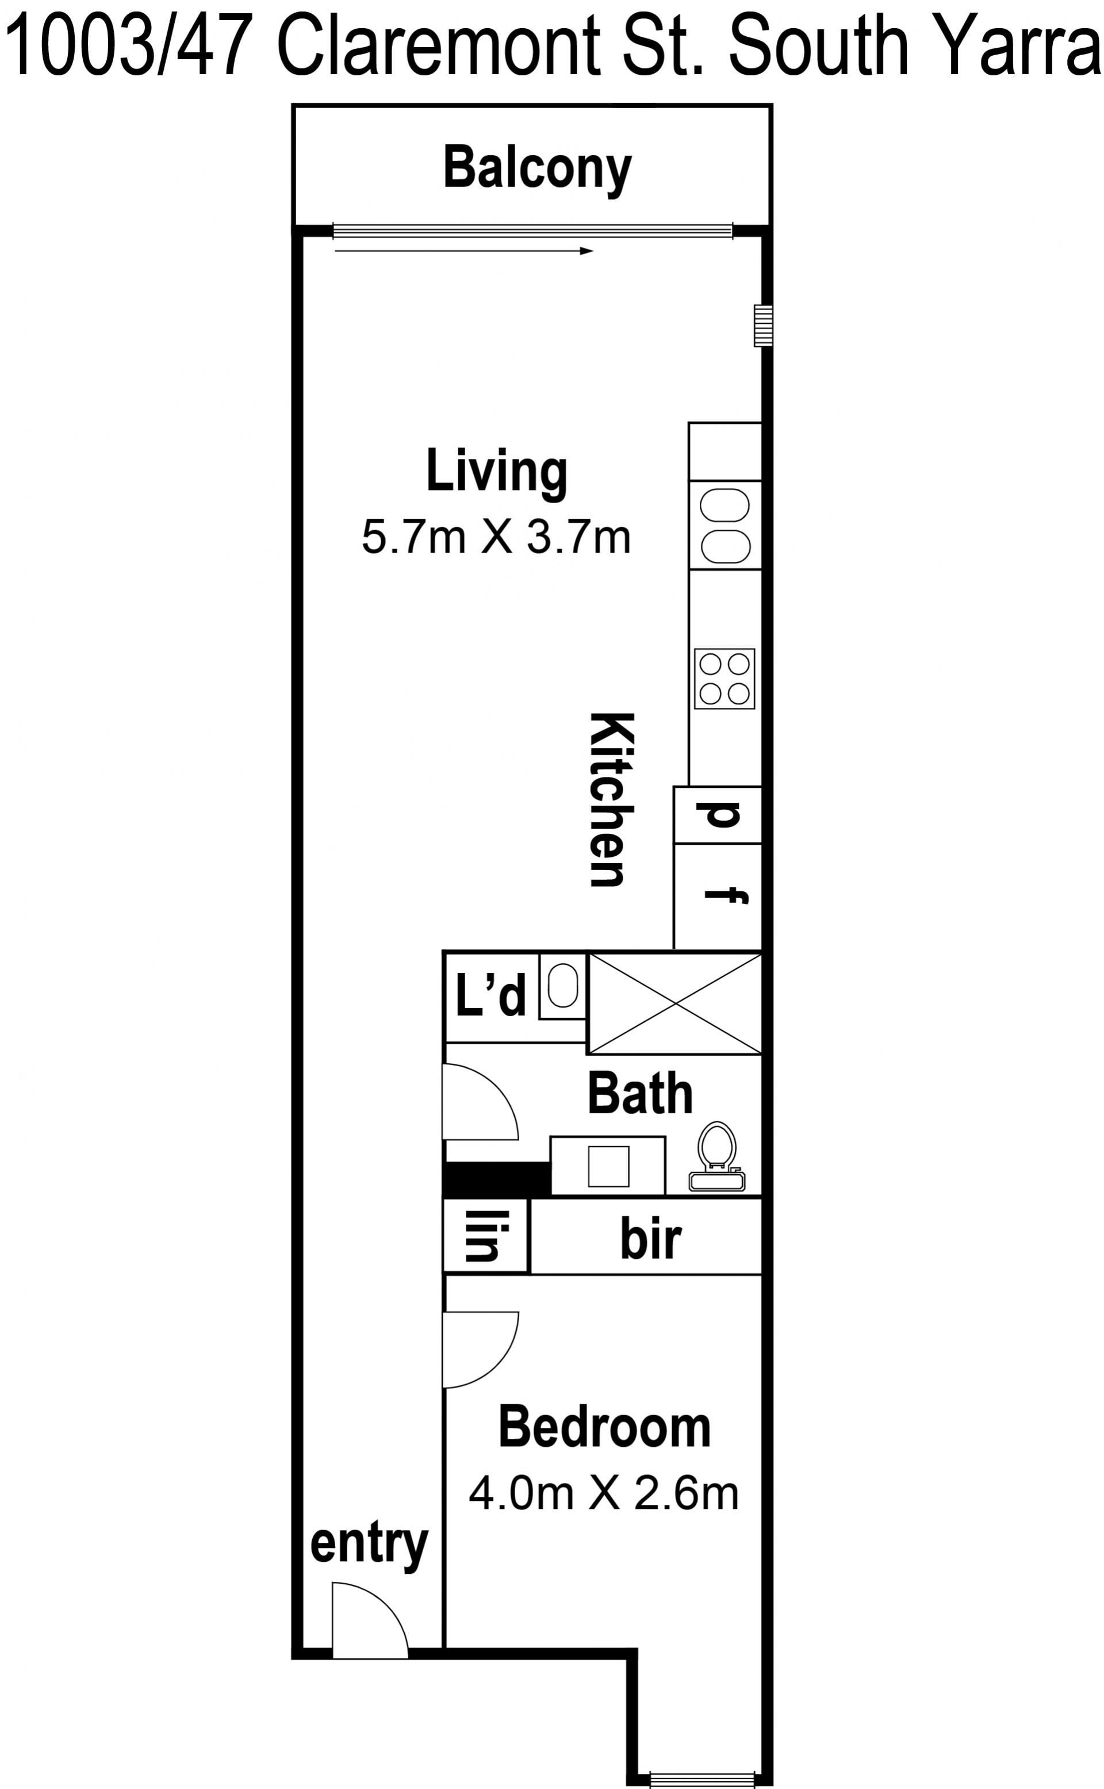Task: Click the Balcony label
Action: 538,168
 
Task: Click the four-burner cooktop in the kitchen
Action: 724,679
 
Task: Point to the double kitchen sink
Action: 725,525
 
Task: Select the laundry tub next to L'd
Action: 562,986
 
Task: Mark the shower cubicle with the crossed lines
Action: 674,1004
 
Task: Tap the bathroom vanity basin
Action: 608,1166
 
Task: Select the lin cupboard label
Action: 484,1236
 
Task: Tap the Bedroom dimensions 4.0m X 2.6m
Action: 603,1494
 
